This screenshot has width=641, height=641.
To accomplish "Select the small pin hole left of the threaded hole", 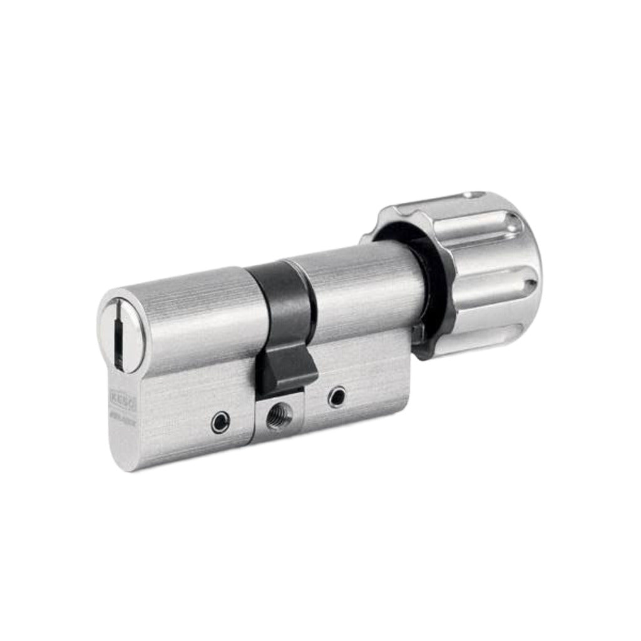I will pos(219,423).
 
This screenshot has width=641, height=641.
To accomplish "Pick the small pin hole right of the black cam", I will pos(338,396).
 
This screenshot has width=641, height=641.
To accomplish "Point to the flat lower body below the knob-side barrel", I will pos(369,376).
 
